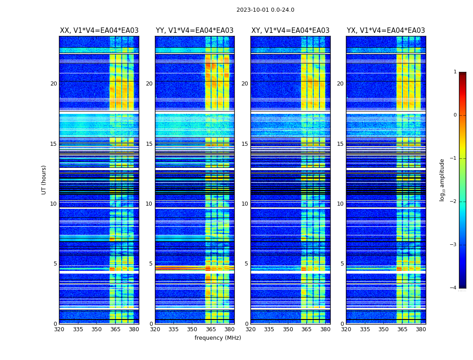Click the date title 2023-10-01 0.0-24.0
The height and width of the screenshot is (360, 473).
point(265,10)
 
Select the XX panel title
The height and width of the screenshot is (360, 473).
point(99,31)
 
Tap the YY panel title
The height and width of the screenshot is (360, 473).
point(195,31)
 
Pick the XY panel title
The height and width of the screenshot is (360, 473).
point(290,31)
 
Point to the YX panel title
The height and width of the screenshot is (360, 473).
point(386,31)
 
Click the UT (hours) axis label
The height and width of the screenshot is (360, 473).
point(44,180)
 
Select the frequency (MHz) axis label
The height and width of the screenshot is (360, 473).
point(218,338)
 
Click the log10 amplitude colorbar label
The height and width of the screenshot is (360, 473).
point(442,180)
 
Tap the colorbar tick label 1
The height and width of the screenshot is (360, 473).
point(455,72)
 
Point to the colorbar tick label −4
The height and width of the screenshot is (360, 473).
point(454,288)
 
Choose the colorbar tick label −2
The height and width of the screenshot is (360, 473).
point(454,202)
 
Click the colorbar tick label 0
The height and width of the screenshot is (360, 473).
point(455,115)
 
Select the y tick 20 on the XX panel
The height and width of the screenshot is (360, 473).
point(54,84)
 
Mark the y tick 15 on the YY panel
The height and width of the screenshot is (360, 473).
point(149,144)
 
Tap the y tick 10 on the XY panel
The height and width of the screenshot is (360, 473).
point(245,204)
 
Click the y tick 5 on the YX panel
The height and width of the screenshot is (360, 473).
point(342,264)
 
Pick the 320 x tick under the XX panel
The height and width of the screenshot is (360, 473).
point(59,329)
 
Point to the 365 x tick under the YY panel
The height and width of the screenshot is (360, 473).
point(211,329)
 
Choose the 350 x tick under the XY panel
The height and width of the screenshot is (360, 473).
point(288,329)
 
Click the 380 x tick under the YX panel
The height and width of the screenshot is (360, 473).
point(421,329)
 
